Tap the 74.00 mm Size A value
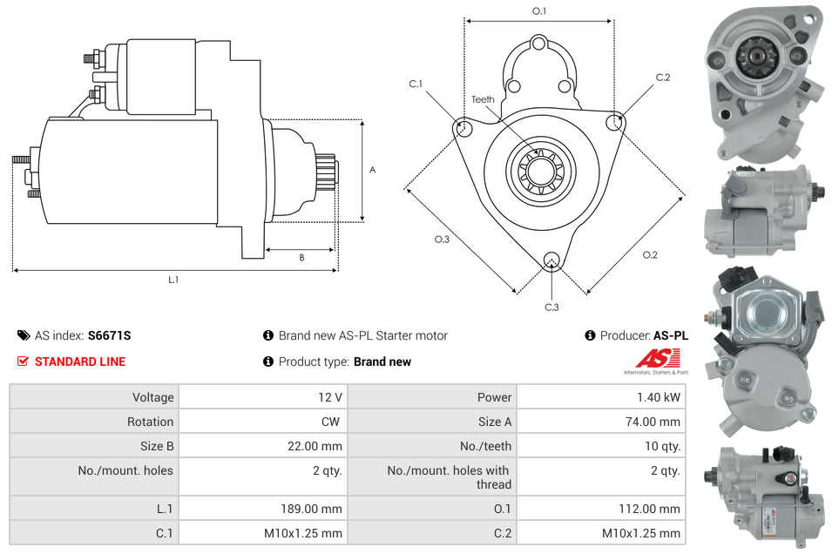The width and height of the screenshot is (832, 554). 655,422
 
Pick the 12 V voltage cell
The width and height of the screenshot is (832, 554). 330,397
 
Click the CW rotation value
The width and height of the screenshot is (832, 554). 332,422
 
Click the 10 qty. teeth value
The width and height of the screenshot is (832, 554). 660,446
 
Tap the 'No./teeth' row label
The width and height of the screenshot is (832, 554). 484,446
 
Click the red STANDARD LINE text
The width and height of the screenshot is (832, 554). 79,361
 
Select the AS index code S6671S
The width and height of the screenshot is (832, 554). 109,335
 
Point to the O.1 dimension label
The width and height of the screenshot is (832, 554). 539,11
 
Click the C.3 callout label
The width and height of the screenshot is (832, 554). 551,307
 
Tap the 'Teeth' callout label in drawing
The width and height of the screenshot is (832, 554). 483,99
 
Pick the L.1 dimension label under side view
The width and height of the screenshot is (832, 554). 173,280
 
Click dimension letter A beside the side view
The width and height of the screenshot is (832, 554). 372,170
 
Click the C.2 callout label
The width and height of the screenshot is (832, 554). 663,78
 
